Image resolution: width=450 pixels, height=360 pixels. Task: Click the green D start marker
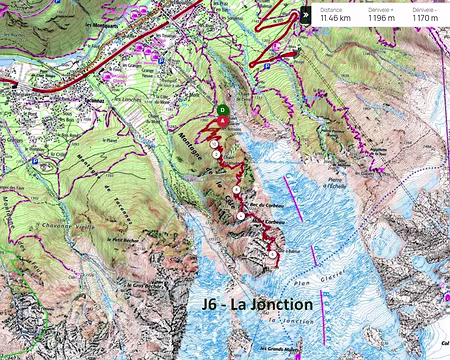click(x=222, y=110)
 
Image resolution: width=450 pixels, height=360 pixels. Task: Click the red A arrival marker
click(x=222, y=122)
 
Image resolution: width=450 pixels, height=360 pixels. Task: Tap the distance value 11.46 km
click(x=336, y=17)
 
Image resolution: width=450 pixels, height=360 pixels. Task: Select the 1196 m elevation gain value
click(x=380, y=17)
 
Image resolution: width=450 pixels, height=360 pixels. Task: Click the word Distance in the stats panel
click(x=331, y=8)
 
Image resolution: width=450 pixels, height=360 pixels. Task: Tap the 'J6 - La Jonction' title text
click(x=250, y=303)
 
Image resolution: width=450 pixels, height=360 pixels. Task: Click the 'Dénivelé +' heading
click(x=379, y=8)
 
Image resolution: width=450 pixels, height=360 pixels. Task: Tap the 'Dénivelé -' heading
click(x=422, y=8)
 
